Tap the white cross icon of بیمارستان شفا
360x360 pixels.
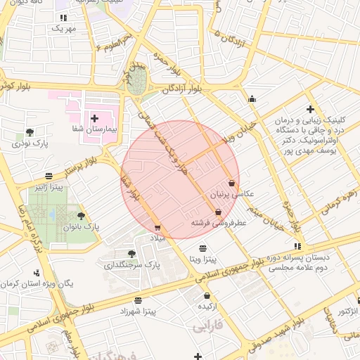94,117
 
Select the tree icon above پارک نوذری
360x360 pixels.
29,131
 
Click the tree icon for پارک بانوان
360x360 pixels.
81,216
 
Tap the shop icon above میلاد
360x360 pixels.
157,227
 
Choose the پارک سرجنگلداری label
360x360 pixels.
133,265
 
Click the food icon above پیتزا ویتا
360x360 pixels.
202,248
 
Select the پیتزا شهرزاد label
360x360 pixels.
136,310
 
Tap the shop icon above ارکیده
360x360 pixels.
206,295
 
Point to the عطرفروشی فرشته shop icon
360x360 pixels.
218,212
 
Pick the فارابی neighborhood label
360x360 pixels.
207,327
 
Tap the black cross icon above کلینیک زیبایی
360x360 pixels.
310,109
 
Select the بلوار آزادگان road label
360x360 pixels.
182,89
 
